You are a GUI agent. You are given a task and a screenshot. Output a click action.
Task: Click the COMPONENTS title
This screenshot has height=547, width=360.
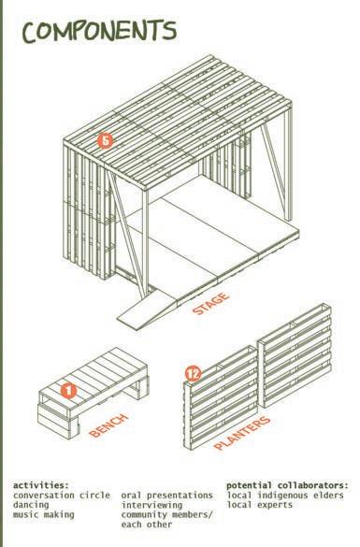point(99,32)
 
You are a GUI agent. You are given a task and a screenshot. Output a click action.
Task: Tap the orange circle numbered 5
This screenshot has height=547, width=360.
point(106,140)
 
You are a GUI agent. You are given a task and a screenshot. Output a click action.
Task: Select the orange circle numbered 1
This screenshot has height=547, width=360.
point(68,390)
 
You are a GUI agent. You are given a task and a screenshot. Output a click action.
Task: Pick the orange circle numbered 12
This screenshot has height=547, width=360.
point(193,374)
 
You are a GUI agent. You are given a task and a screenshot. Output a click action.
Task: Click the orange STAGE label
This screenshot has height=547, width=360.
point(211,304)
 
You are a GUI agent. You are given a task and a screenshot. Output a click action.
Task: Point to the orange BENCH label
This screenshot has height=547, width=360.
point(108,425)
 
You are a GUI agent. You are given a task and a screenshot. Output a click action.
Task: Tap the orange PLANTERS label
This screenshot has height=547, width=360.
point(242,433)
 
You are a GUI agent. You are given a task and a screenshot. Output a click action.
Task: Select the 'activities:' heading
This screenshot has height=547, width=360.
point(41,485)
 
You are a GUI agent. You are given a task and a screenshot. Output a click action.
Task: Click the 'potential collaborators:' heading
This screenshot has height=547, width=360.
point(287,485)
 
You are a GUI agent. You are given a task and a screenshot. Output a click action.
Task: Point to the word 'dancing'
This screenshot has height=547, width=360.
point(31,505)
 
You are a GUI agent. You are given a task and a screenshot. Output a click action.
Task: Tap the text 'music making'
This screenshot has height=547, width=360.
point(44,514)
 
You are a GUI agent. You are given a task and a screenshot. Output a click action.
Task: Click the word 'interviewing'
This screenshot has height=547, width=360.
point(151,505)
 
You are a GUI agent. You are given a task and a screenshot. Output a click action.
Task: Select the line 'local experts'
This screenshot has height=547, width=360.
point(260,505)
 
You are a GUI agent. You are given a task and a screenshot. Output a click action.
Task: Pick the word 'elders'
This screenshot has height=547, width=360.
point(328,495)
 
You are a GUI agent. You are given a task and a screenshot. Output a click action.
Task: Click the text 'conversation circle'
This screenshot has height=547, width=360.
point(62,495)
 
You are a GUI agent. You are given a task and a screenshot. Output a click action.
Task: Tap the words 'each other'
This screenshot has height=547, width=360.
point(147,525)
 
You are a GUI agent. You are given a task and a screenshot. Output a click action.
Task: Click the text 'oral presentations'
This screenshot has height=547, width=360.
point(167,496)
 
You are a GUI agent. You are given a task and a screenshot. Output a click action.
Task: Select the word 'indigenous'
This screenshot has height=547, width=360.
point(283,496)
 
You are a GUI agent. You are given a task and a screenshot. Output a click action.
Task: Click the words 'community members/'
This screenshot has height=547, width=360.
point(166,514)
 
